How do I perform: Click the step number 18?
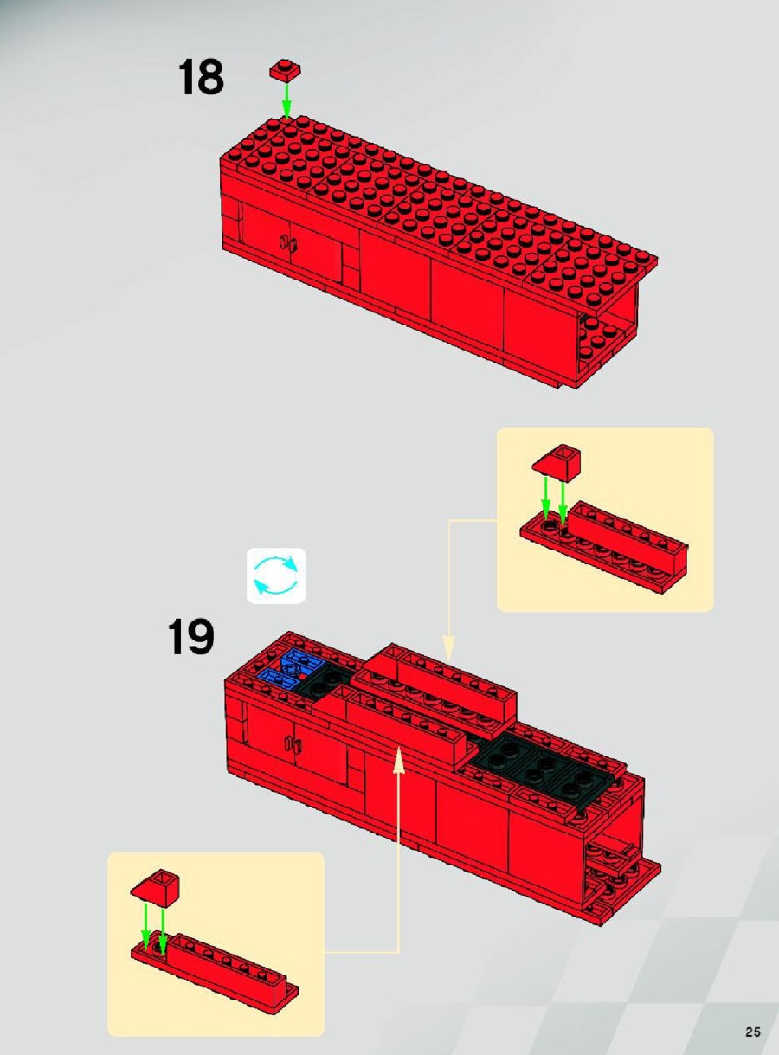coord(200,78)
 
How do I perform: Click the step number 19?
coord(190,636)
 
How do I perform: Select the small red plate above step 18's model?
coord(286,70)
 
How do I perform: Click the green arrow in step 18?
coord(286,100)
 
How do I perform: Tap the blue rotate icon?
coord(276,576)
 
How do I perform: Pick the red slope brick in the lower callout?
coord(156,886)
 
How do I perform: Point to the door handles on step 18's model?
coord(289,242)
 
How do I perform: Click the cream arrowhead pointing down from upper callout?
coord(448,648)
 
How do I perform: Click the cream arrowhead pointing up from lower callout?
coord(399,760)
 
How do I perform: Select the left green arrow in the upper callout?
coord(547,498)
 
